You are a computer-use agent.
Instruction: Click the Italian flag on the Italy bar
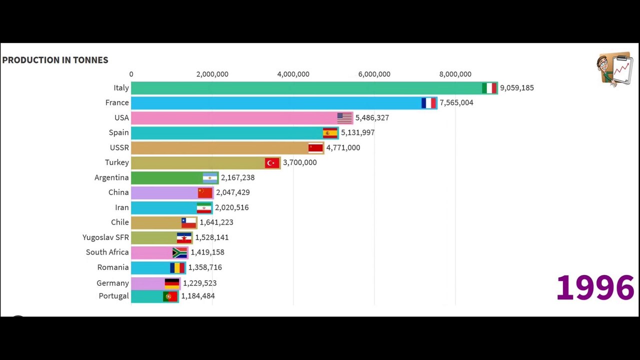coord(489,88)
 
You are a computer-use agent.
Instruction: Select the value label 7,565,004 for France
coord(456,102)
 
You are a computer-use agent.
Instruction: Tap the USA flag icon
coord(344,118)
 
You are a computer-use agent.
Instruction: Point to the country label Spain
coord(118,132)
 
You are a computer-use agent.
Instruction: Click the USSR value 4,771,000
coord(343,147)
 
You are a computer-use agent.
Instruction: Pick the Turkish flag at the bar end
coord(272,162)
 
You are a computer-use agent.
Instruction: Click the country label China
coord(118,192)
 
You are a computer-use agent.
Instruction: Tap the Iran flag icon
coord(204,207)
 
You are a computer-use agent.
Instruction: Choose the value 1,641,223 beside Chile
coord(216,222)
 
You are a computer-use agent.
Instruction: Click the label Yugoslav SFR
coord(105,237)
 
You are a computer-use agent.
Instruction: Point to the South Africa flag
coord(179,252)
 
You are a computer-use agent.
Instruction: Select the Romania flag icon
coord(177,267)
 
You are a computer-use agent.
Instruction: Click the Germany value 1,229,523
coord(199,283)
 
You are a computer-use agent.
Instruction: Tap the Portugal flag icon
coord(170,296)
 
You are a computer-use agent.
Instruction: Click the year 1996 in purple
coord(595,287)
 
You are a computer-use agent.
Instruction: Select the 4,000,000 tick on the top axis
coord(293,74)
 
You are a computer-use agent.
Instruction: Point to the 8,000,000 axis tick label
coord(455,74)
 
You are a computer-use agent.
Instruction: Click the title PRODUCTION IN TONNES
coord(55,60)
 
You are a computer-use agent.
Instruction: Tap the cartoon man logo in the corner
coord(614,69)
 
